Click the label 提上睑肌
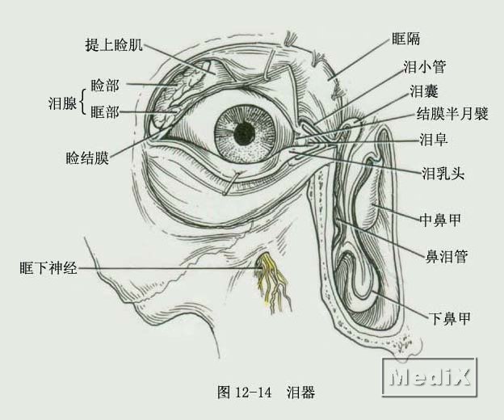point(114,45)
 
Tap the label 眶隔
point(405,39)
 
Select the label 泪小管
point(425,67)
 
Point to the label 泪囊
point(424,91)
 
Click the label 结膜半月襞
point(452,113)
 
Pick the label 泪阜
point(434,140)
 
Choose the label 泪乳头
point(443,174)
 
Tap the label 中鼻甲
point(440,220)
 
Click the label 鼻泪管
point(447,256)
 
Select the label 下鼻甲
point(450,318)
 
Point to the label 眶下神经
point(48,267)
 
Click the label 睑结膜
point(87,158)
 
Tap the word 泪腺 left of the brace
point(63,103)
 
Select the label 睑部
point(105,86)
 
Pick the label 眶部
point(105,112)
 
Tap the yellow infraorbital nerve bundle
point(271,279)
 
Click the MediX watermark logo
point(430,377)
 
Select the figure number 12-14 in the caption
point(254,393)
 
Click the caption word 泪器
point(300,393)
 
